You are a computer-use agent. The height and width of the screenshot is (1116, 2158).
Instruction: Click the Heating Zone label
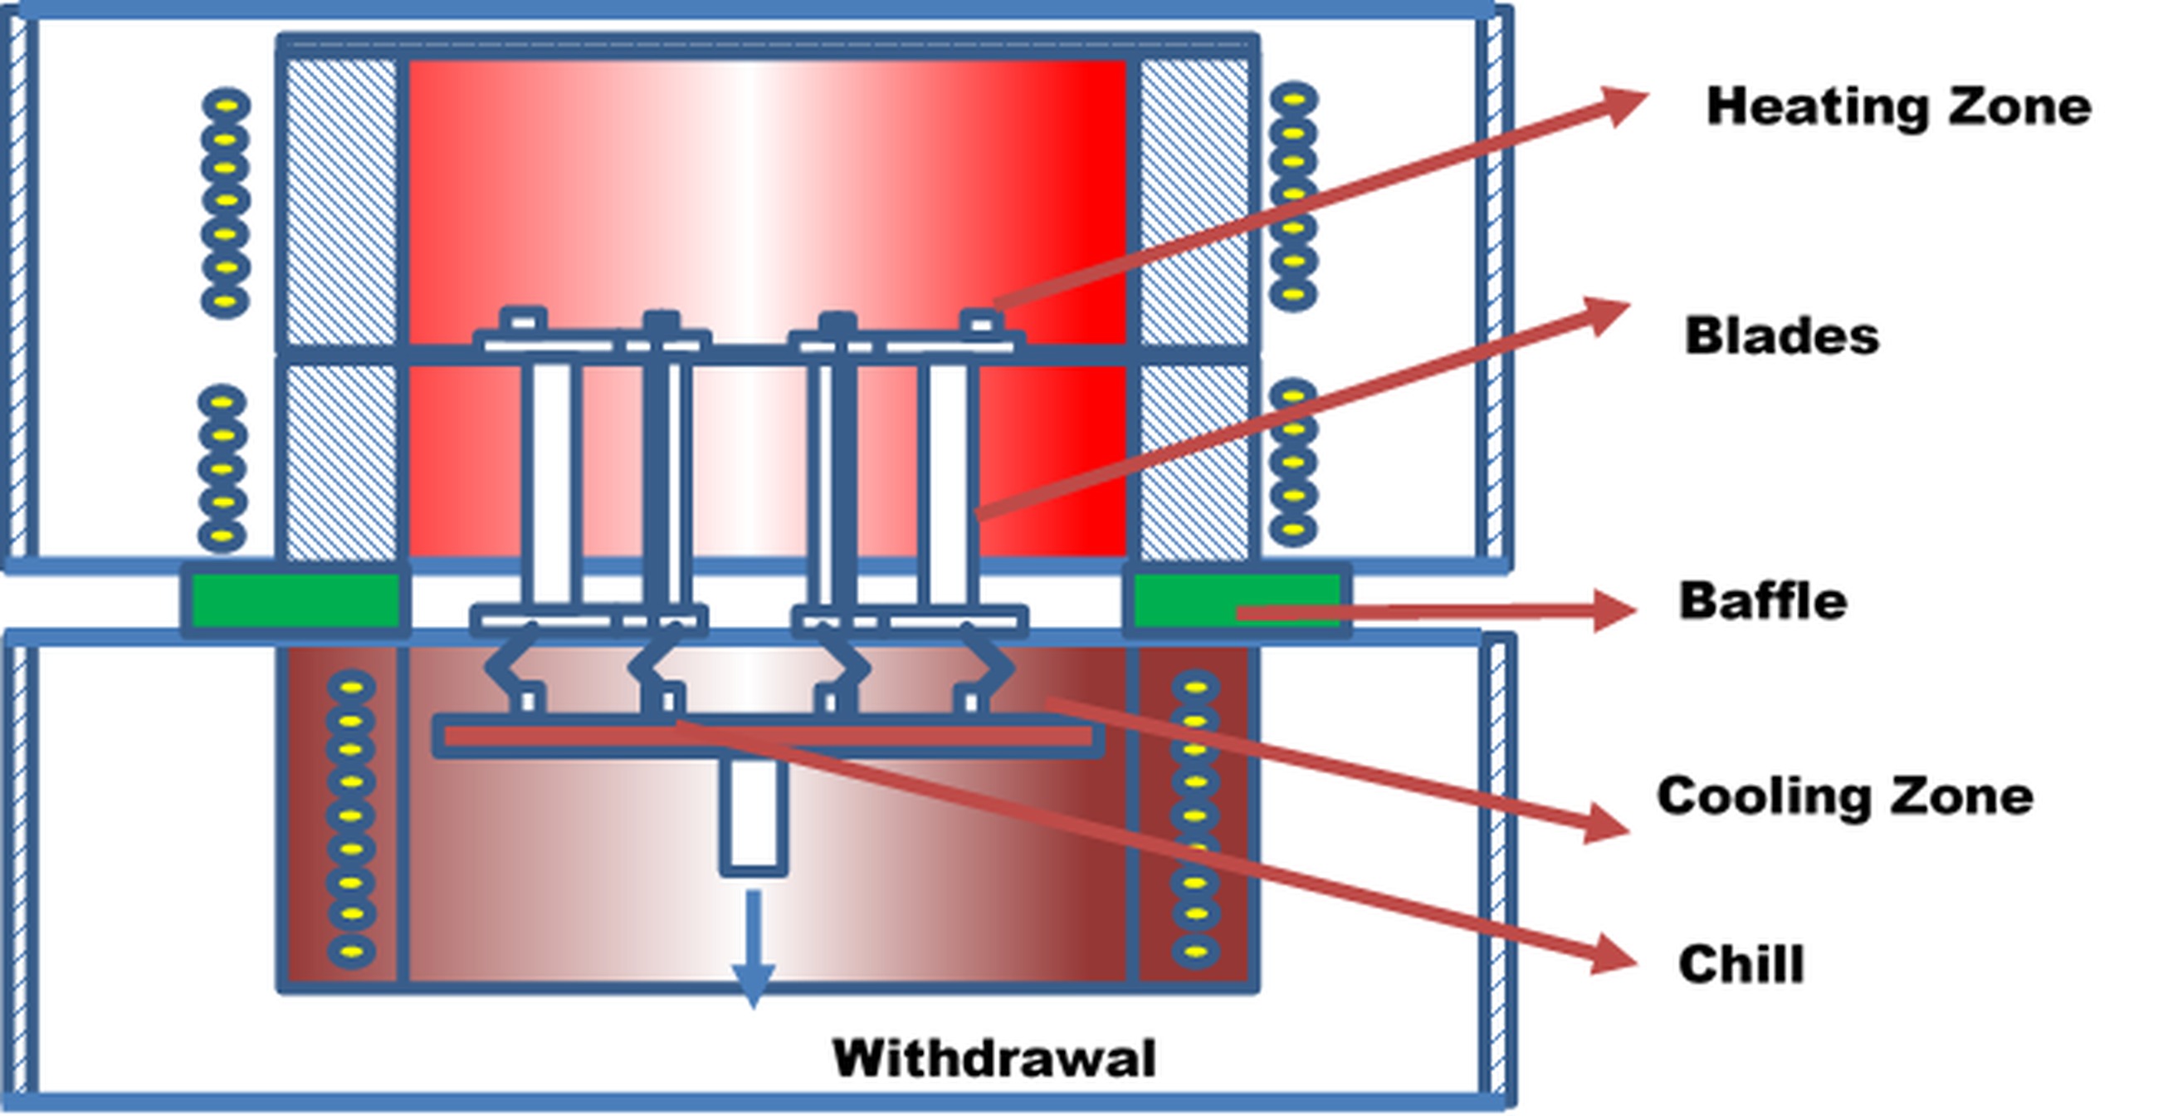pyautogui.click(x=1898, y=108)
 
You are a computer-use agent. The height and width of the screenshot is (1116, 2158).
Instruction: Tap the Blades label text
pyautogui.click(x=1782, y=336)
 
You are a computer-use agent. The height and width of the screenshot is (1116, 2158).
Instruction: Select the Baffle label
pyautogui.click(x=1763, y=600)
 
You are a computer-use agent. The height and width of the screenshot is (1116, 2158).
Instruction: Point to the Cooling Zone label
pyautogui.click(x=1845, y=796)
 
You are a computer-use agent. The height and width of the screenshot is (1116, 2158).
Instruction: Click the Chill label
pyautogui.click(x=1741, y=963)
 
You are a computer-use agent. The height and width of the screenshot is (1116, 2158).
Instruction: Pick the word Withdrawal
pyautogui.click(x=994, y=1058)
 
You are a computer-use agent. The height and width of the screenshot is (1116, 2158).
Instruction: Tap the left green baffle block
pyautogui.click(x=295, y=600)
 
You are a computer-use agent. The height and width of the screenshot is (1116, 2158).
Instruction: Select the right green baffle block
pyautogui.click(x=1235, y=600)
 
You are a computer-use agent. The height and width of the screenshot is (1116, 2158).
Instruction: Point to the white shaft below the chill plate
pyautogui.click(x=753, y=813)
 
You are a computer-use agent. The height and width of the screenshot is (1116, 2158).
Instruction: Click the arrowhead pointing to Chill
pyautogui.click(x=1613, y=955)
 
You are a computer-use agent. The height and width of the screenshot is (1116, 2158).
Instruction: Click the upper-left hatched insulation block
pyautogui.click(x=341, y=201)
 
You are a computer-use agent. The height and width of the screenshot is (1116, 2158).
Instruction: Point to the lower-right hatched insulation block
pyautogui.click(x=1194, y=461)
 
